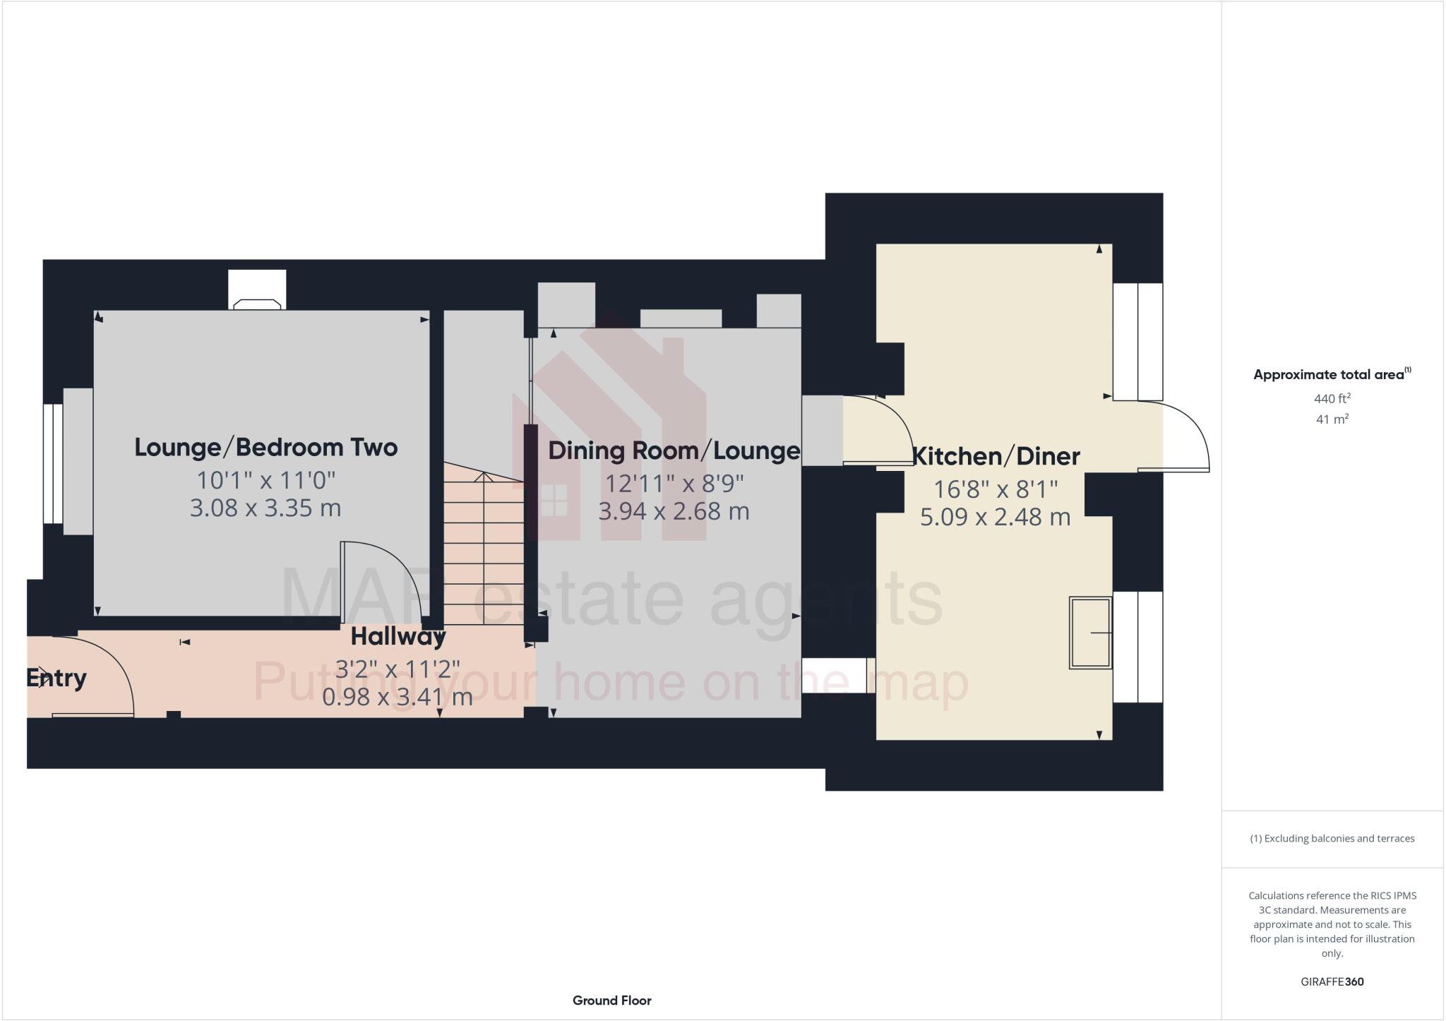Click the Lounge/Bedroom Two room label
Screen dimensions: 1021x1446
pyautogui.click(x=265, y=448)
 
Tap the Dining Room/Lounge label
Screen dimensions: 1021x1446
pyautogui.click(x=674, y=450)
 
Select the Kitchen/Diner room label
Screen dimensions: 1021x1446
pyautogui.click(x=996, y=457)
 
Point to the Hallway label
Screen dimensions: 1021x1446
pyautogui.click(x=398, y=637)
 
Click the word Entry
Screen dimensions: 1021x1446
pyautogui.click(x=56, y=679)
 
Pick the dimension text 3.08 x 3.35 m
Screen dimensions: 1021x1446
pyautogui.click(x=265, y=508)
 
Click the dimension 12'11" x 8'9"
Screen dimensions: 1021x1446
pyautogui.click(x=674, y=484)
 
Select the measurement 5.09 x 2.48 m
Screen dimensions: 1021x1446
pyautogui.click(x=995, y=518)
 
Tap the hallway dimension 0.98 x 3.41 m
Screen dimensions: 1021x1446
pyautogui.click(x=398, y=698)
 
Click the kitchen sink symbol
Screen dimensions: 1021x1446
pyautogui.click(x=1090, y=633)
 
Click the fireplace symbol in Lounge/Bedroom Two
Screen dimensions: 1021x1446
pyautogui.click(x=257, y=304)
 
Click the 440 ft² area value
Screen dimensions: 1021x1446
pyautogui.click(x=1332, y=398)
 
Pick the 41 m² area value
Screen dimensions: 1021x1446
pyautogui.click(x=1332, y=419)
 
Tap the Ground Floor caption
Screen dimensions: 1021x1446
pyautogui.click(x=611, y=1001)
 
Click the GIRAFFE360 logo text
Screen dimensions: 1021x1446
pyautogui.click(x=1332, y=981)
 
